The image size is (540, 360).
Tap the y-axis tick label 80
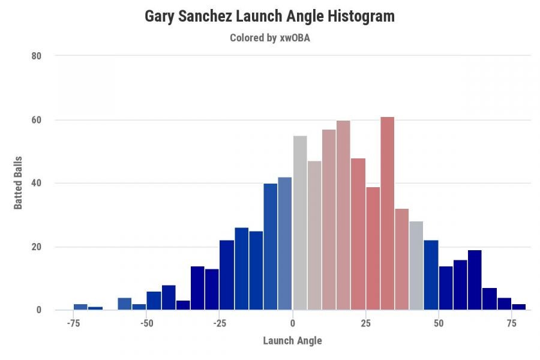[x=36, y=56]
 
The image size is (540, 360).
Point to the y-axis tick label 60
[x=36, y=120]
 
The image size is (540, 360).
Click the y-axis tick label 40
[x=36, y=183]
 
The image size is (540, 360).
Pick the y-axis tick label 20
[x=36, y=247]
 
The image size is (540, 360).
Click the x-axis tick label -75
[x=73, y=323]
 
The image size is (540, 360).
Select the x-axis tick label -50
[x=146, y=323]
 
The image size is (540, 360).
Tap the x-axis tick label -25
[x=220, y=323]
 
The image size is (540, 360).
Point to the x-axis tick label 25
[x=365, y=323]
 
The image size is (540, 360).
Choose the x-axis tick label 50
[x=439, y=323]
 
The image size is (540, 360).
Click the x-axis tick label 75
[x=511, y=323]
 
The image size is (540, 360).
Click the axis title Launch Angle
[x=292, y=341]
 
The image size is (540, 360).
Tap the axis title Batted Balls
[x=18, y=183]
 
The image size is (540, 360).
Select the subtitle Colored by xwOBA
[x=269, y=37]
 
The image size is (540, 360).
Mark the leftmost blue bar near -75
[x=80, y=307]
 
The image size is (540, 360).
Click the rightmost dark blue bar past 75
[x=519, y=307]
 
